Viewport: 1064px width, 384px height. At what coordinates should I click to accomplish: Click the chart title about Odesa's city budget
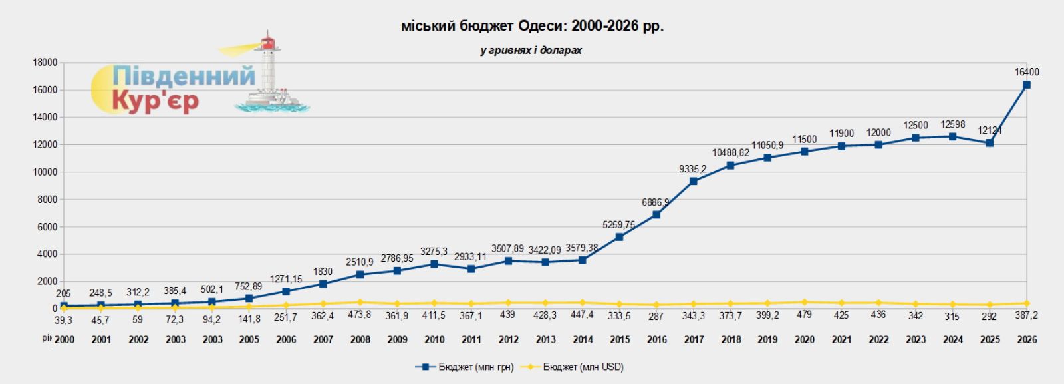[532, 26]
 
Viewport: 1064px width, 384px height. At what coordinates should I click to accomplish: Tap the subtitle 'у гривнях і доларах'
[531, 51]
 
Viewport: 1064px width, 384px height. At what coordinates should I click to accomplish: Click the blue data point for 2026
[1027, 85]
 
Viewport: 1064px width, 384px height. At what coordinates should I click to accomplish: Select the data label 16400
[1027, 72]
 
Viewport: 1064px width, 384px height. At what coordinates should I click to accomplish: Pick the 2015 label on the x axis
[620, 339]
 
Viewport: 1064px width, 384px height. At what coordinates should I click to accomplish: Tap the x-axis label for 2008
[360, 339]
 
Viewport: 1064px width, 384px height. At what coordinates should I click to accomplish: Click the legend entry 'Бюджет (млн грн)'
[465, 367]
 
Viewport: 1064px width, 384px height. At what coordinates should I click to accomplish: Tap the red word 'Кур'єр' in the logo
[155, 101]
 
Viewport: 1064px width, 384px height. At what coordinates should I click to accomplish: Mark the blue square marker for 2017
[694, 181]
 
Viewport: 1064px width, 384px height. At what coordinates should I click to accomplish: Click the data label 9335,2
[693, 169]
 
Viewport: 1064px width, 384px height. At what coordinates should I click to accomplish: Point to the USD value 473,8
[360, 315]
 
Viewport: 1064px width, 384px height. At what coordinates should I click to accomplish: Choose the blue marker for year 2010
[434, 264]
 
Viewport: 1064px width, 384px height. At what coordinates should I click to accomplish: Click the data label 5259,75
[618, 225]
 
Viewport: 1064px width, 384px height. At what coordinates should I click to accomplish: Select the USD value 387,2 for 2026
[1027, 316]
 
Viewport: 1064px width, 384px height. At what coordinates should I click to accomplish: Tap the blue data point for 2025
[990, 143]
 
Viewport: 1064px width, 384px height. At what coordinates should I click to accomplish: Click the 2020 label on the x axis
[805, 339]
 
